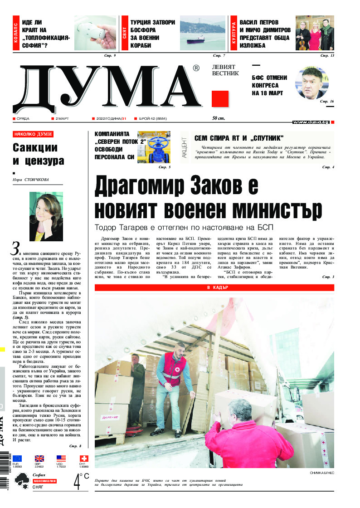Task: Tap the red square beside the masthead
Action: point(220,98)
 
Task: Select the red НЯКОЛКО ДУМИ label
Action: point(33,134)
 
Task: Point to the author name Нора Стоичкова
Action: point(31,180)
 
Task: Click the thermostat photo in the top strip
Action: point(95,34)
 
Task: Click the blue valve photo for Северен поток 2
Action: point(153,147)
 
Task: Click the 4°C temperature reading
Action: point(81,481)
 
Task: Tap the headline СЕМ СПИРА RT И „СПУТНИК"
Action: point(239,138)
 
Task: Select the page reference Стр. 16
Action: point(326,101)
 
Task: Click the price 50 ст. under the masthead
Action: point(219,118)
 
